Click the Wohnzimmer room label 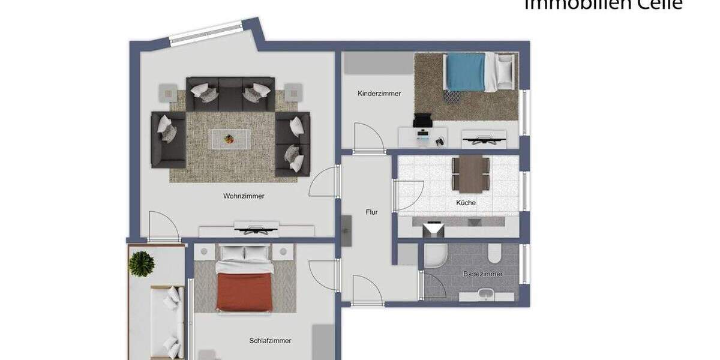244,196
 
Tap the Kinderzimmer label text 379,94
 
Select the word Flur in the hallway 372,212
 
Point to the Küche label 466,203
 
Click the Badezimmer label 482,274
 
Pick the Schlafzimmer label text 270,341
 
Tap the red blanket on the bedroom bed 244,292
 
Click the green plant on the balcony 142,264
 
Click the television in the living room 257,227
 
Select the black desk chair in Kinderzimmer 422,122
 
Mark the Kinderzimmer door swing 367,139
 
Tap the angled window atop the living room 206,33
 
